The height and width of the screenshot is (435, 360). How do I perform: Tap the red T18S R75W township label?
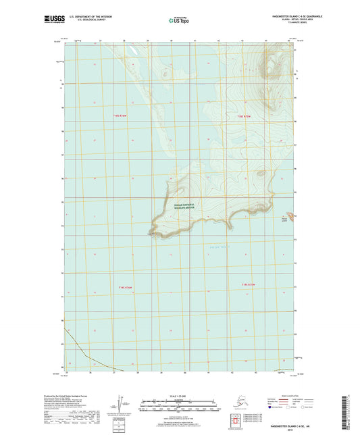point(246,117)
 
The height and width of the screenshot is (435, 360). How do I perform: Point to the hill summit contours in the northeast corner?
point(273,69)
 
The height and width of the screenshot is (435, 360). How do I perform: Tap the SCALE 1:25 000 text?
point(180,395)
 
